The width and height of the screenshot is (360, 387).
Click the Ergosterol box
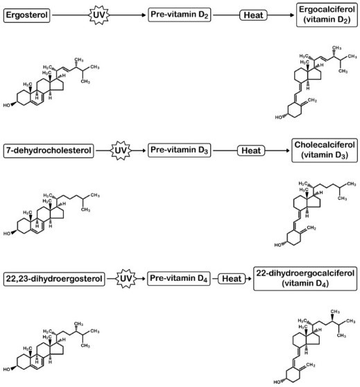click(26, 15)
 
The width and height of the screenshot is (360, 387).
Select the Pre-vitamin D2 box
click(179, 15)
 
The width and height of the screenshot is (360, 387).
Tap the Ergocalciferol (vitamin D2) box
click(327, 15)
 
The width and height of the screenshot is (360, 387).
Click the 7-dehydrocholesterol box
click(49, 150)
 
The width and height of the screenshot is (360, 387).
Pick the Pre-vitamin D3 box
click(179, 150)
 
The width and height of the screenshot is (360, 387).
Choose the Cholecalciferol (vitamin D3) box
click(325, 150)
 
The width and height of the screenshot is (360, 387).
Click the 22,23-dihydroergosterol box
click(54, 279)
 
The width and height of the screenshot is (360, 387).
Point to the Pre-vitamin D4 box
click(179, 278)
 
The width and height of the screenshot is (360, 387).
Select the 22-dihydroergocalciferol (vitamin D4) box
click(305, 278)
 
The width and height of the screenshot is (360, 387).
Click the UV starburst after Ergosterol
click(99, 15)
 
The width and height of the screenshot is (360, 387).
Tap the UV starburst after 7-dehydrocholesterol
click(121, 150)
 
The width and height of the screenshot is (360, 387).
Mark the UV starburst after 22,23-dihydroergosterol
click(126, 279)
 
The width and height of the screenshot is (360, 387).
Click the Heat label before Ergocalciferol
click(253, 15)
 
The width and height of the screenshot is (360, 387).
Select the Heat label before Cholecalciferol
click(251, 150)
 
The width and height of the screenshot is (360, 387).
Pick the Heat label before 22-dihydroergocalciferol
click(232, 279)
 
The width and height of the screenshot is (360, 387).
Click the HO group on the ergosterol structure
click(7, 105)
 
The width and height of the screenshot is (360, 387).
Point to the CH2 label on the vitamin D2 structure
click(312, 100)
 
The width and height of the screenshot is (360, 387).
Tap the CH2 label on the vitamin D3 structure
click(311, 227)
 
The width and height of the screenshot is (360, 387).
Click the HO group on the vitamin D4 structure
click(277, 382)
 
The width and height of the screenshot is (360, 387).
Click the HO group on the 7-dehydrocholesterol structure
click(7, 234)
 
